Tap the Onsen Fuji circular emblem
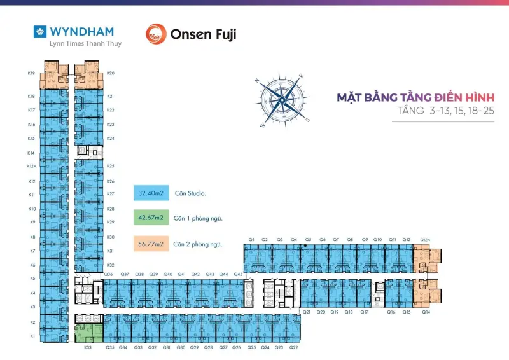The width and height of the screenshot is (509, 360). coord(156,34)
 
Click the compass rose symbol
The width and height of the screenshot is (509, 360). coord(282,100)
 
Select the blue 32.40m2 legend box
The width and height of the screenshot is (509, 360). coord(151,192)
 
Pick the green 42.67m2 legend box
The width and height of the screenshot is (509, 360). coord(151,218)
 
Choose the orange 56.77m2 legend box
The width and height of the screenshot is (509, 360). coord(151,243)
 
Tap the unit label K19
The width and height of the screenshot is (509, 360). coord(31,73)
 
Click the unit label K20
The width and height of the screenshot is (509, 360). coord(111,73)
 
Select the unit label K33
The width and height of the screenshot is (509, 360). coord(88,347)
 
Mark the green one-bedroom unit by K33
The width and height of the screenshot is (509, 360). coord(88,333)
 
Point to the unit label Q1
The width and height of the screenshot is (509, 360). coord(252,239)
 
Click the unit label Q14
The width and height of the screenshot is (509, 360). coord(426,312)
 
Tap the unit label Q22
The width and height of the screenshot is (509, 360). coord(293,347)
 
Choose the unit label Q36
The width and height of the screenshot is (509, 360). coord(108,274)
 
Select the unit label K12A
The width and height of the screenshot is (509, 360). coord(31,167)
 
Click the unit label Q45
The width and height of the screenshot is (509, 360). coord(237,274)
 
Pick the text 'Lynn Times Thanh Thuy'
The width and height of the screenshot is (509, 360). coord(76,44)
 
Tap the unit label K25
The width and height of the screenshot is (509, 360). coord(111,165)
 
